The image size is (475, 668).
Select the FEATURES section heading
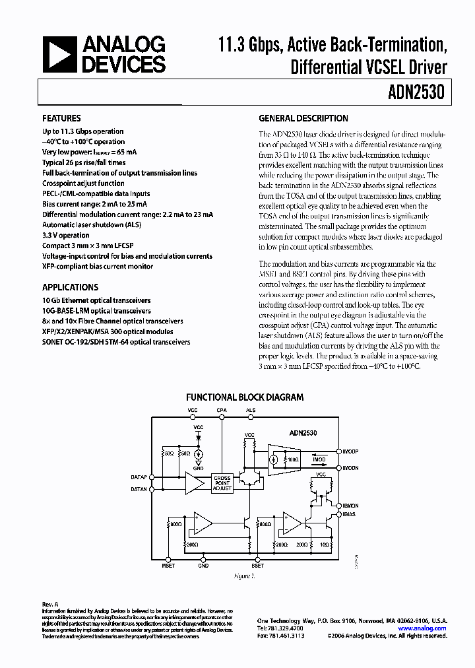point(61,119)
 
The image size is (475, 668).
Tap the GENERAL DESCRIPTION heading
point(303,119)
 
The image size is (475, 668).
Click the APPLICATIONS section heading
point(70,287)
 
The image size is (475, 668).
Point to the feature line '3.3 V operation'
point(65,235)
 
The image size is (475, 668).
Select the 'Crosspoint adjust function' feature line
point(83,184)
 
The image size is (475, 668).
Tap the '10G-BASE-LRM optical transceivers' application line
point(96,310)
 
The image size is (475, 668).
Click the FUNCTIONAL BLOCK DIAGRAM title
point(244,397)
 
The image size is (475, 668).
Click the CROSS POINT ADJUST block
point(222,483)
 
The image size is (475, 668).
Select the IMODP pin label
point(350,451)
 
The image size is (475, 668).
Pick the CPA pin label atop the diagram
point(222,411)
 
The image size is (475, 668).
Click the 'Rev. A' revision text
point(50,604)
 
